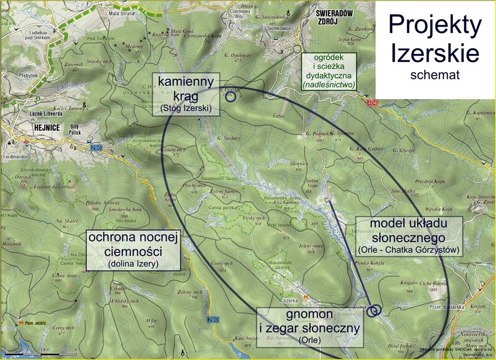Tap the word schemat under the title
coord(435,75)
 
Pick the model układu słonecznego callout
coord(407,235)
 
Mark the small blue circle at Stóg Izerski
coord(230,96)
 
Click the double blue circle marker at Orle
coord(374,310)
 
